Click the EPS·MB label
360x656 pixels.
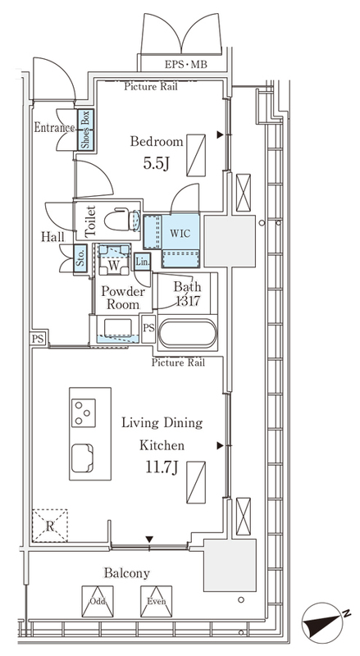coord(185,65)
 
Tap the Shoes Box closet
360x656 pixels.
coord(85,130)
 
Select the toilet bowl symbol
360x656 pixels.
coord(122,220)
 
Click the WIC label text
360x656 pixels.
coord(180,233)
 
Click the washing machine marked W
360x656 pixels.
coord(114,259)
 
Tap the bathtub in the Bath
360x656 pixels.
coord(188,333)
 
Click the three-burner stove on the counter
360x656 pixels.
coord(84,412)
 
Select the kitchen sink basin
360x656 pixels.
coord(83,458)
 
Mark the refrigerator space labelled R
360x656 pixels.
coord(50,526)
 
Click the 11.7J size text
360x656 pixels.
coord(162,467)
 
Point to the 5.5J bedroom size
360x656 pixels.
coord(156,163)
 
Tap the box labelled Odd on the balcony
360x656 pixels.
coord(98,601)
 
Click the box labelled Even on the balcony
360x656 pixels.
coord(156,601)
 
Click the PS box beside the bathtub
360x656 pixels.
coord(148,328)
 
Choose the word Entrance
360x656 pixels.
coord(54,127)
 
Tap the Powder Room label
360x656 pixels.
coord(123,298)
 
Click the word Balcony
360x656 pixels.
coord(127,572)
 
